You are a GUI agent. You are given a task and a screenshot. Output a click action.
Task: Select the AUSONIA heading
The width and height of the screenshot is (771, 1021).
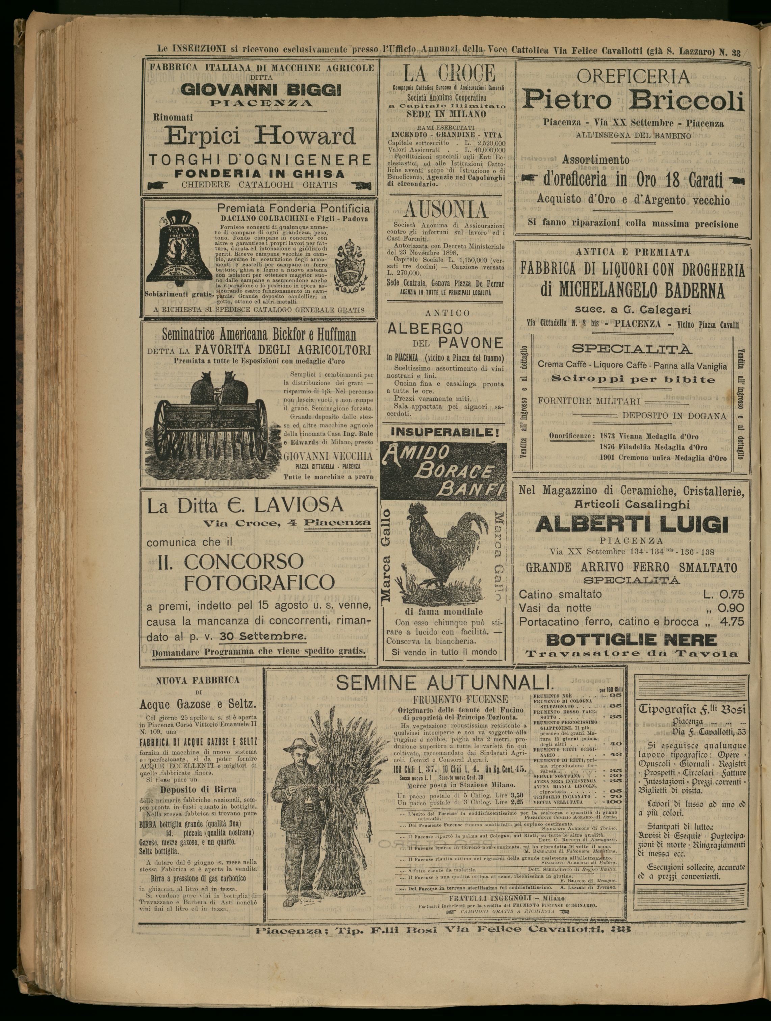point(445,210)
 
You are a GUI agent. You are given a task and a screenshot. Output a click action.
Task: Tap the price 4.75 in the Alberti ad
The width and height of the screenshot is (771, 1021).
point(732,622)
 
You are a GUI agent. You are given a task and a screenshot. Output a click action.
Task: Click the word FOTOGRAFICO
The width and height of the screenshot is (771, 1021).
point(259,583)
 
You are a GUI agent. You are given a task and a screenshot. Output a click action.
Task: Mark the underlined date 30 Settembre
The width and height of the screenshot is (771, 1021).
point(262,636)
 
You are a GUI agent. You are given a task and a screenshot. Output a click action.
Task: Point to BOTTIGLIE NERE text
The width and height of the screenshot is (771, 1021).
point(631,640)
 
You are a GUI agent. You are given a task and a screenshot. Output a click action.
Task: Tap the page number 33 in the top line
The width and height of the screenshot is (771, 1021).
point(736,52)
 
